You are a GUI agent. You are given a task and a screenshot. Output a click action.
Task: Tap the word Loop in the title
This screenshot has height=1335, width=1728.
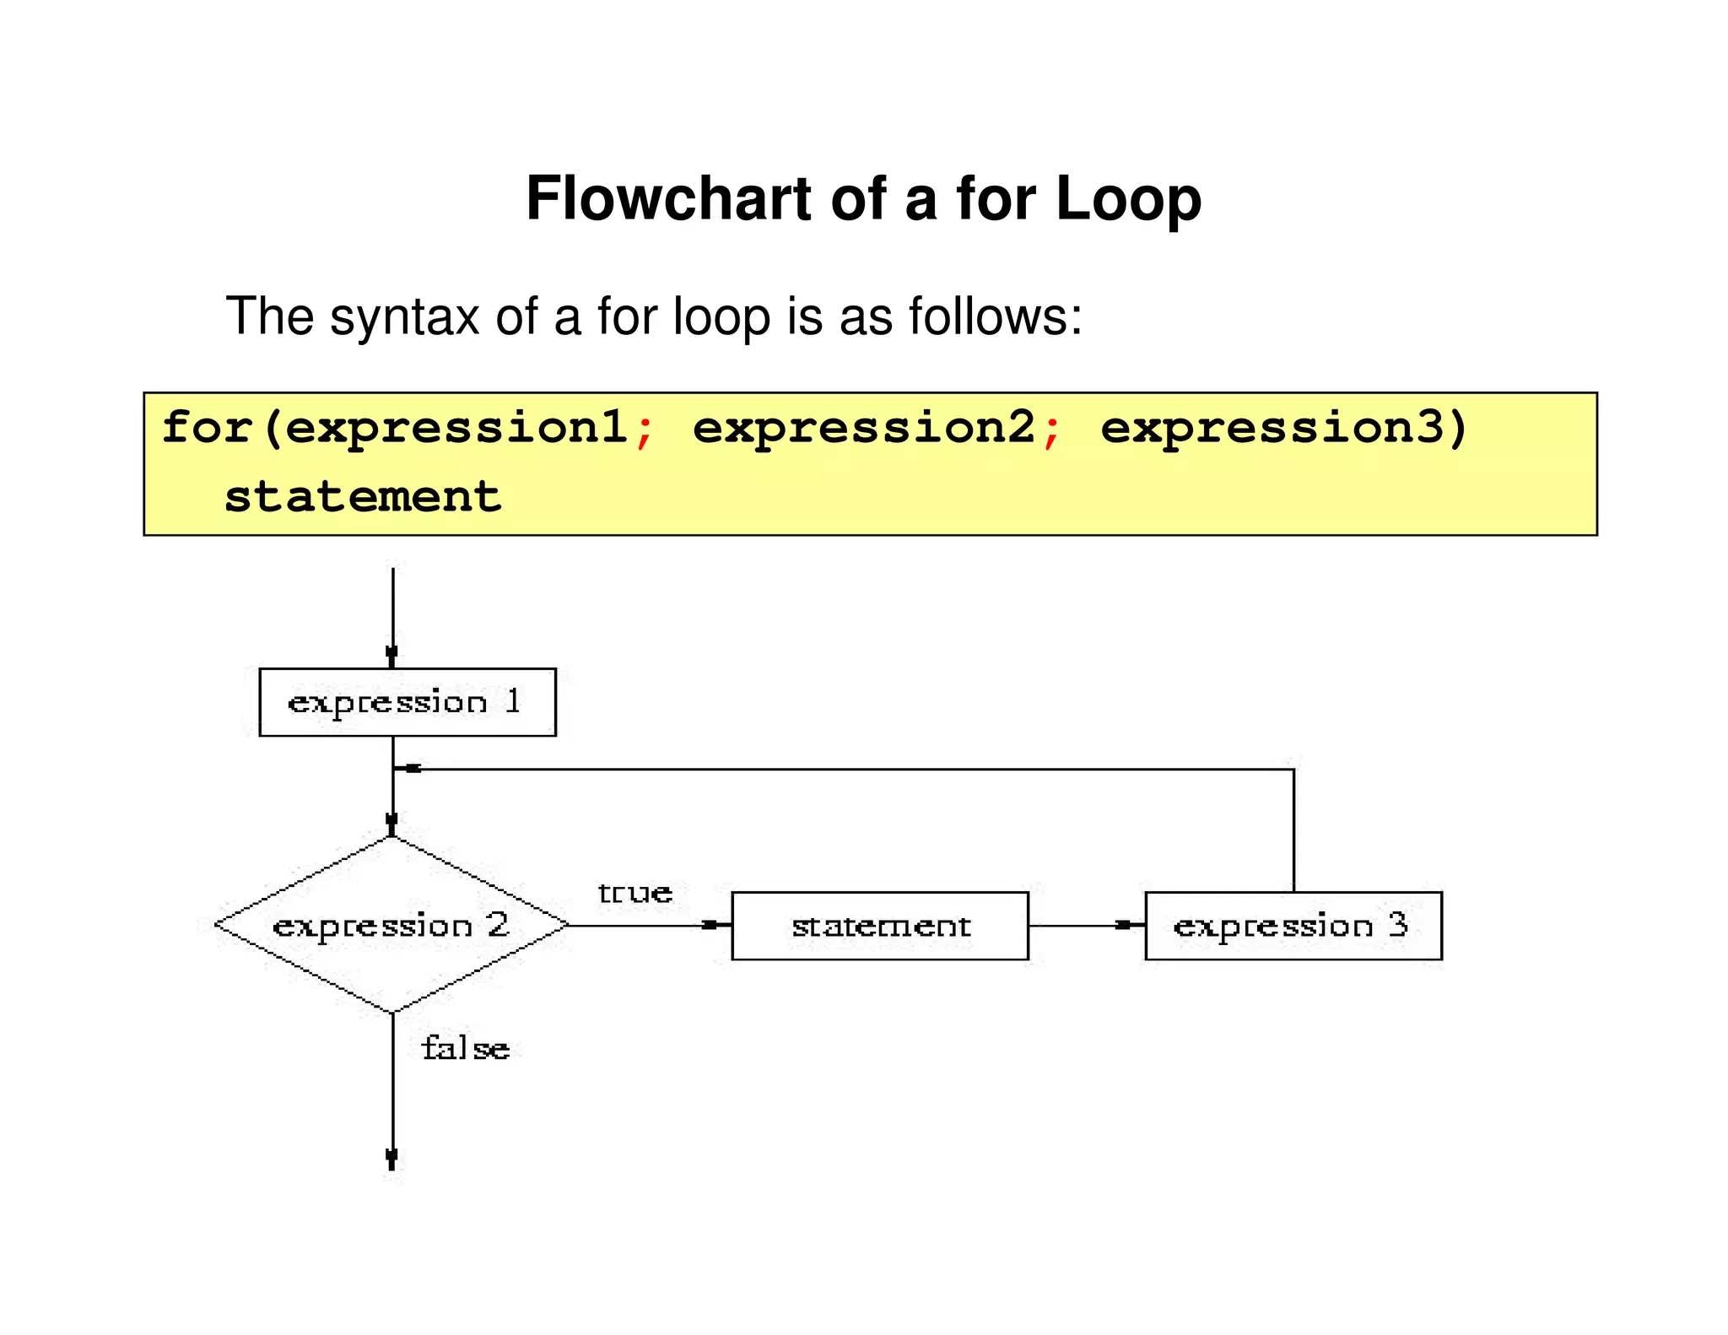coord(1128,199)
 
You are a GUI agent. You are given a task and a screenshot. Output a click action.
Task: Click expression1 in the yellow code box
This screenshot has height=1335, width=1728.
coord(456,427)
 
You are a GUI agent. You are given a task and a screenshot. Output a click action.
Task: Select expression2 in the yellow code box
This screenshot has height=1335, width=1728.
coord(864,427)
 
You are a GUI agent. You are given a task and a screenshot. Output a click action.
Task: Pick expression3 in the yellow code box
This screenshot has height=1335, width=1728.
coord(1272,427)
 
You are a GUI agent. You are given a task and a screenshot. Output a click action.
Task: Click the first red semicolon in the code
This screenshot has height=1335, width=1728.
coord(645,430)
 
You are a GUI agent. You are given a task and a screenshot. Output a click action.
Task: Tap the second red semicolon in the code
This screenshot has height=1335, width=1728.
coord(1051,430)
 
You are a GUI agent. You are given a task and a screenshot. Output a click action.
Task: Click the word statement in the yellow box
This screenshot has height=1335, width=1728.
coord(363,496)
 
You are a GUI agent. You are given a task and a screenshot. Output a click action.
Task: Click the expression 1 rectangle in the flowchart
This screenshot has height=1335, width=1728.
coord(408,702)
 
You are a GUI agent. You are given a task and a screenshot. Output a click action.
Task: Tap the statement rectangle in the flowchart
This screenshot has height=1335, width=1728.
coord(880,926)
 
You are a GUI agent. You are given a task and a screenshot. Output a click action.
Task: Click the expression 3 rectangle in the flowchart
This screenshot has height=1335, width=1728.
coord(1293,926)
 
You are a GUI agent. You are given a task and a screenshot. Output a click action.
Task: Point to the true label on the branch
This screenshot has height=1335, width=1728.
coord(635,893)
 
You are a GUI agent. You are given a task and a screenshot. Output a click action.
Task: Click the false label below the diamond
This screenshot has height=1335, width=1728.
coord(466,1049)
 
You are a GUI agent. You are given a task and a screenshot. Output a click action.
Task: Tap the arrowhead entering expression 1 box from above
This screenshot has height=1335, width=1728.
coord(392,655)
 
